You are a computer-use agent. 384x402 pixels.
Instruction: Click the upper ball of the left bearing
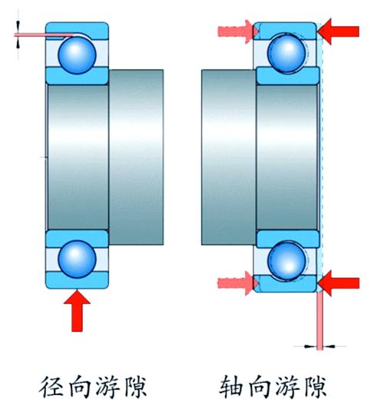coord(77,55)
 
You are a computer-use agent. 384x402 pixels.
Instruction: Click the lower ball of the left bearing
coord(77,259)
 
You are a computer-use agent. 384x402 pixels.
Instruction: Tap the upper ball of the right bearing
coord(286,54)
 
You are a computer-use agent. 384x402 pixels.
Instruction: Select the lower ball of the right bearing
coord(287,261)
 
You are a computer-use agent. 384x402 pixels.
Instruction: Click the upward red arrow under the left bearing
coord(77,311)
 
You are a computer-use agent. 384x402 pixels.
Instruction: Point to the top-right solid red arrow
coord(338,31)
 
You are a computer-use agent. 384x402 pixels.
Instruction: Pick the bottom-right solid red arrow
coord(339,283)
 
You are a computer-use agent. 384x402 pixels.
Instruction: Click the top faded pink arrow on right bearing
coord(237,31)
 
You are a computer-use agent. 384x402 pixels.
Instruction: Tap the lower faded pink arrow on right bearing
coord(237,283)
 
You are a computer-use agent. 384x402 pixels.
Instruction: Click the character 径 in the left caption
coord(51,387)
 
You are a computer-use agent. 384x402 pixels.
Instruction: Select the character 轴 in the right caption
coord(231,387)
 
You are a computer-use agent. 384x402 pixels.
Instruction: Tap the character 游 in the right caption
coord(287,387)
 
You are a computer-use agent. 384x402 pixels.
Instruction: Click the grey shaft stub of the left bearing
coord(136,157)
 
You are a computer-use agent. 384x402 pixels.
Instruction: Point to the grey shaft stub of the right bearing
coord(229,157)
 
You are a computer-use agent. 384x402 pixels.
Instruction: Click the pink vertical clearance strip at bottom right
coord(319,321)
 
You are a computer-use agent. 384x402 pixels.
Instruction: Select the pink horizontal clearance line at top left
coord(44,35)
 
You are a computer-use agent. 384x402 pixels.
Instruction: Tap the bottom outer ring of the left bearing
coord(77,281)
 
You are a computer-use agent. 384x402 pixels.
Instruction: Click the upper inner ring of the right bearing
coord(288,76)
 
